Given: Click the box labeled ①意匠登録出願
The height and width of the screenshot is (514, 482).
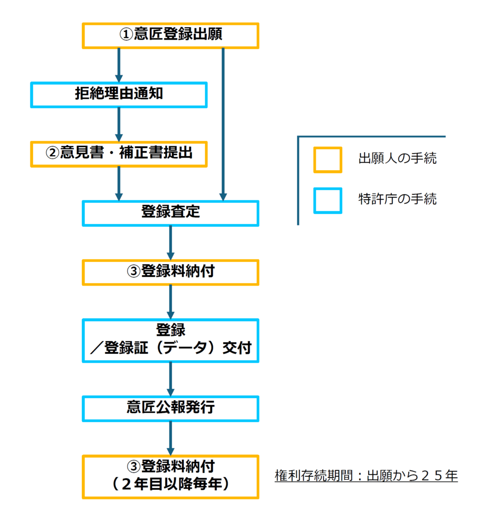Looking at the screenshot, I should (x=171, y=35).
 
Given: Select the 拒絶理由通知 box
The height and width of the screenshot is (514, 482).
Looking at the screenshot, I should (x=119, y=94).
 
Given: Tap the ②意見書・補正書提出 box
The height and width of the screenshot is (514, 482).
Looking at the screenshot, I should (x=119, y=154).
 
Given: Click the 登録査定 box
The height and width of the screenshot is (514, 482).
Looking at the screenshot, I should (x=171, y=213).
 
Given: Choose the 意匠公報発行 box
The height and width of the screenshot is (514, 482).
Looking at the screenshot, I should (x=171, y=408).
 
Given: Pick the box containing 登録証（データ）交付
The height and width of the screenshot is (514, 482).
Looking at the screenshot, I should (x=171, y=340).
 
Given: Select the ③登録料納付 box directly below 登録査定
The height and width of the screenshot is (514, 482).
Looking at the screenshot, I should (x=171, y=272).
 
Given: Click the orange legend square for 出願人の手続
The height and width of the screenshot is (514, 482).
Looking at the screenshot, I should (x=328, y=160).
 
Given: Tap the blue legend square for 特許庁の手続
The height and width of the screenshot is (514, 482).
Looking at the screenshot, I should (x=328, y=200).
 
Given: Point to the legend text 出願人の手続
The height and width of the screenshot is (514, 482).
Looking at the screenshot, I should (x=397, y=160).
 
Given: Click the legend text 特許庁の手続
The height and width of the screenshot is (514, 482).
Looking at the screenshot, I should (x=397, y=200).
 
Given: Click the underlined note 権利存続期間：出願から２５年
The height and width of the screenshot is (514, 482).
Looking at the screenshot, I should (x=366, y=475).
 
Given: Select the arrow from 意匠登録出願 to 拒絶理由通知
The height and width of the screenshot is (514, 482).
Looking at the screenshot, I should (x=119, y=65).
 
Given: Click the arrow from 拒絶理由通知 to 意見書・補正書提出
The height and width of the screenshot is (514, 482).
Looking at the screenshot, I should (x=119, y=124).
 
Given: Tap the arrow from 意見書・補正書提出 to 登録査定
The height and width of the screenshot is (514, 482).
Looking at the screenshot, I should (x=119, y=183).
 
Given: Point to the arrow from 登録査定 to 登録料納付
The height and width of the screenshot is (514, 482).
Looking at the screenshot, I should (x=171, y=242).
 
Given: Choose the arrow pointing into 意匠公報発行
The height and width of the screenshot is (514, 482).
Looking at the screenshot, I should (x=171, y=379).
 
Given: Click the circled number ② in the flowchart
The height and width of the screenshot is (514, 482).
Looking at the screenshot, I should (x=53, y=154).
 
